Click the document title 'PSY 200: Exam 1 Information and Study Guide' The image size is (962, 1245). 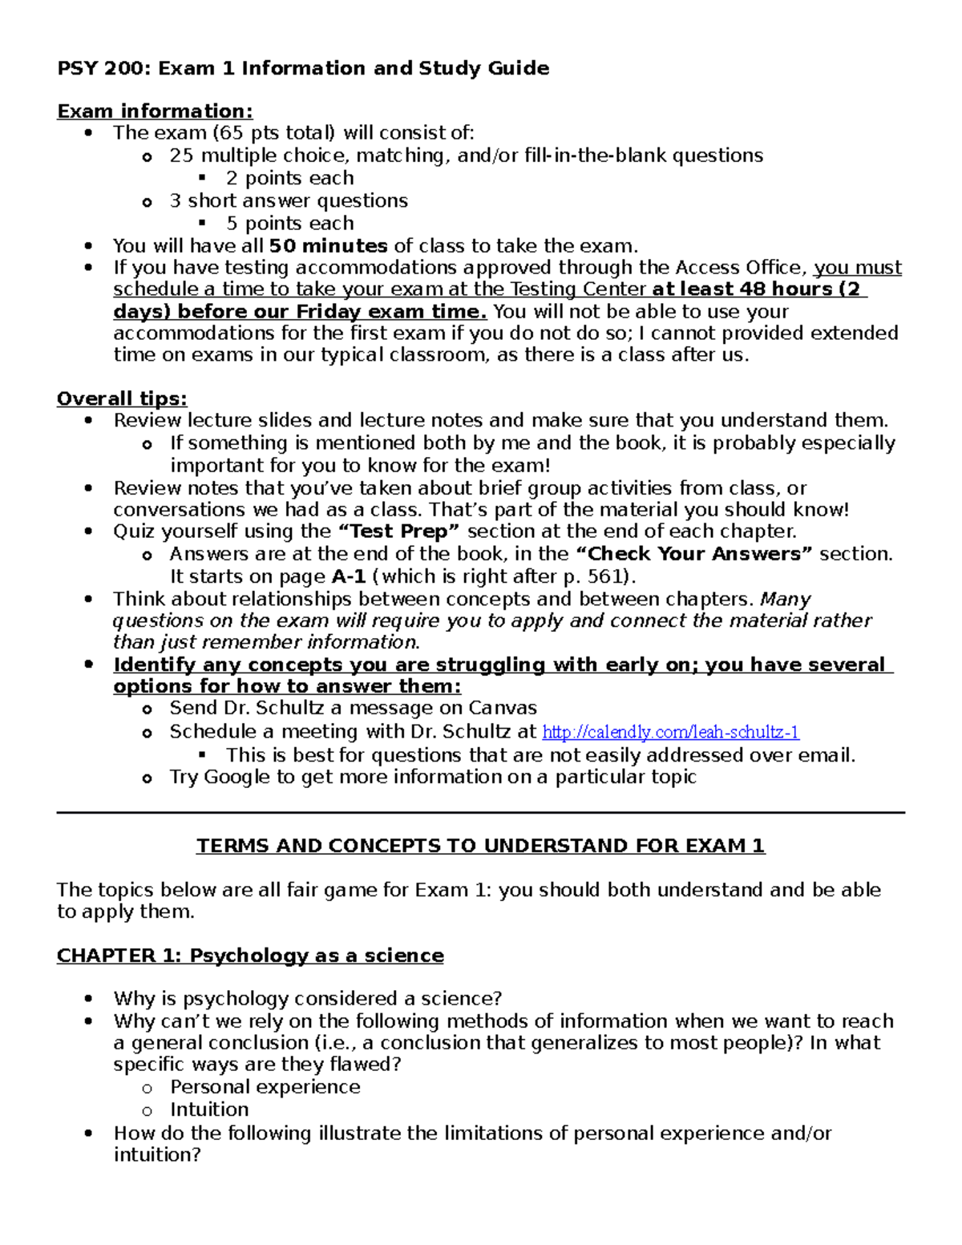click(x=303, y=68)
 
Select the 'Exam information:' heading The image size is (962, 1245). click(x=155, y=111)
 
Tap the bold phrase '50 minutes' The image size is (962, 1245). click(x=328, y=246)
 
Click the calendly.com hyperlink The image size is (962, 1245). click(x=670, y=732)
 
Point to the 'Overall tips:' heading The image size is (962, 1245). click(x=122, y=398)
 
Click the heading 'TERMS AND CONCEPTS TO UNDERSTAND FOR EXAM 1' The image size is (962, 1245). click(x=481, y=846)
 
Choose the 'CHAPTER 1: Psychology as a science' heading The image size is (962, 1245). click(x=250, y=956)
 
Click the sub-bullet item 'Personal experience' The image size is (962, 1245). click(x=265, y=1087)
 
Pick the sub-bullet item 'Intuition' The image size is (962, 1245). click(x=209, y=1110)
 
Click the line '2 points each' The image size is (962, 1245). click(x=289, y=178)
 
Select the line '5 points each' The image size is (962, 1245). click(x=289, y=224)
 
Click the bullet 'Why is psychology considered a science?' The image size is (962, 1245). click(x=307, y=999)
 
